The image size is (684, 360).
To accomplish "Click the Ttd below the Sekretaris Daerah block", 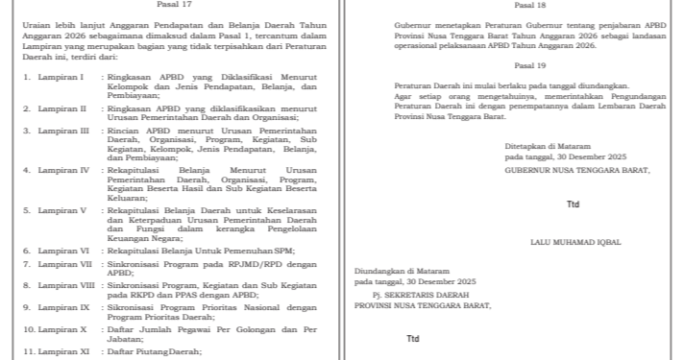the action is coord(413,338).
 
